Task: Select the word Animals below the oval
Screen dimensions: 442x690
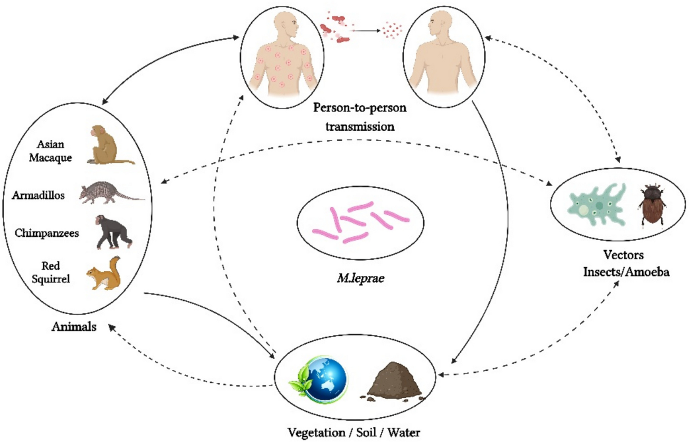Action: (x=74, y=327)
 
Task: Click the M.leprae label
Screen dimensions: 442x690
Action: (x=361, y=278)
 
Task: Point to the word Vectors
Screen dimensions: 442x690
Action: (x=623, y=255)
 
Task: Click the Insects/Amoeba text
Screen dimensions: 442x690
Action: (x=626, y=272)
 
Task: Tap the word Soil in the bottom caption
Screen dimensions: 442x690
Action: (x=366, y=432)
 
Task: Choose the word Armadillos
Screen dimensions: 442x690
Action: (x=38, y=195)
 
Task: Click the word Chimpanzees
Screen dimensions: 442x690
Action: (x=46, y=233)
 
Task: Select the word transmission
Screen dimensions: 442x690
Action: (x=360, y=126)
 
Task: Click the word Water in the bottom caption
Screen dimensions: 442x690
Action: (x=403, y=432)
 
